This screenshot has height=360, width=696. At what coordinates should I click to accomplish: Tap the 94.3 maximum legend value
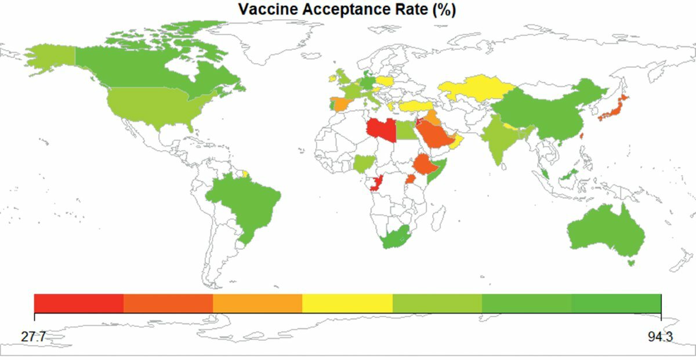[x=661, y=336]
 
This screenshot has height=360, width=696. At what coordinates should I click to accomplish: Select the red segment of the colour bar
[x=79, y=303]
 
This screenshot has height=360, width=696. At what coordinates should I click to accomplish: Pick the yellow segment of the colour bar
[x=347, y=303]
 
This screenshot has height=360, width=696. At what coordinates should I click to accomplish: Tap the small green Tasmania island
[x=632, y=263]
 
